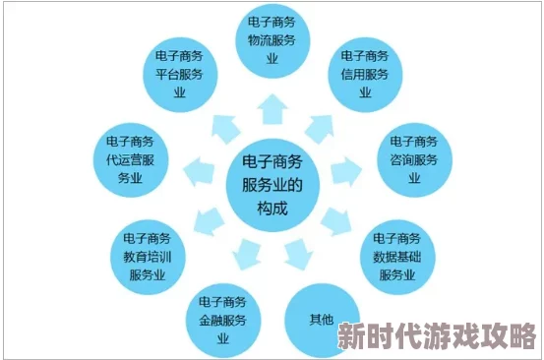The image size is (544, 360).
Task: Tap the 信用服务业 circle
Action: pos(365,75)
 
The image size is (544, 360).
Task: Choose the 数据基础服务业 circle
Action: pos(398,254)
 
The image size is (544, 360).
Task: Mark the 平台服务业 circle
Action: pos(181,74)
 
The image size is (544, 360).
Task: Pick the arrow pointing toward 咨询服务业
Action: pos(345,173)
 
